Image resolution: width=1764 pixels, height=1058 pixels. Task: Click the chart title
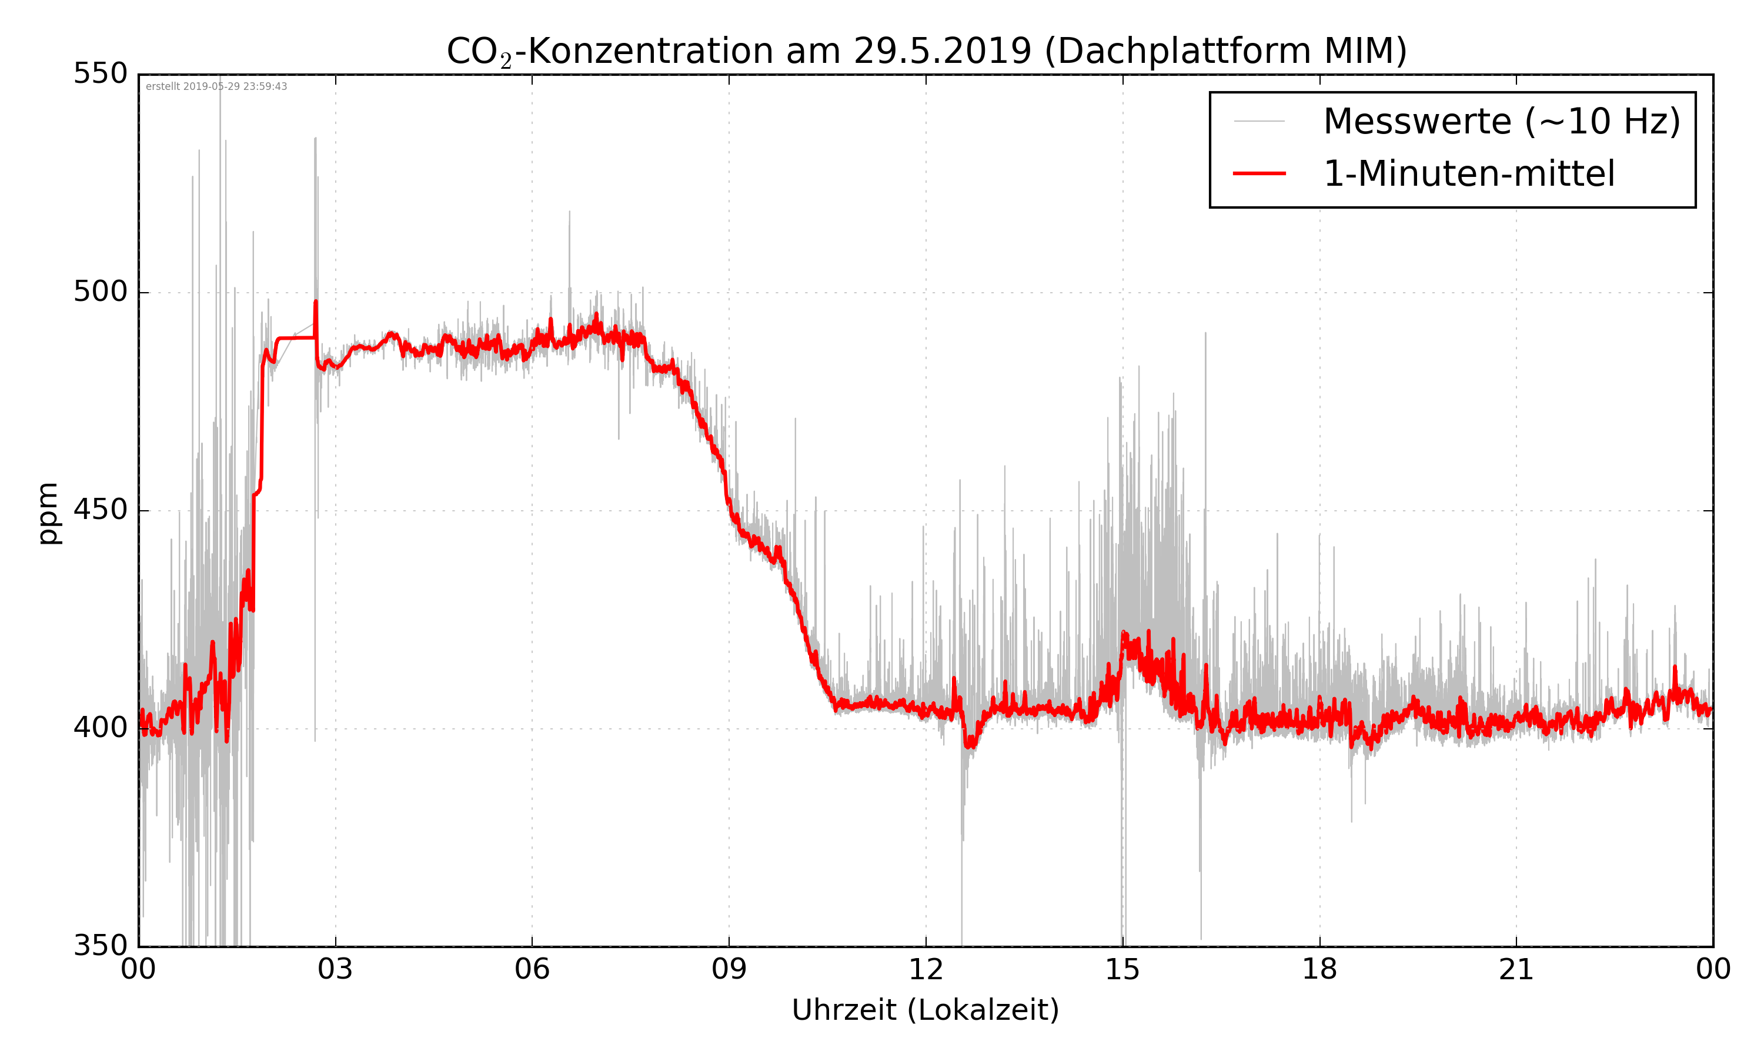pyautogui.click(x=926, y=51)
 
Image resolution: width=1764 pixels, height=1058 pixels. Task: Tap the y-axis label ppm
pyautogui.click(x=48, y=513)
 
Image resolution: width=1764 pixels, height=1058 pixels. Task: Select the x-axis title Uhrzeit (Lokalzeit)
pyautogui.click(x=926, y=1010)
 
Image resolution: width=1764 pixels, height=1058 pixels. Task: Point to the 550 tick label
pyautogui.click(x=101, y=73)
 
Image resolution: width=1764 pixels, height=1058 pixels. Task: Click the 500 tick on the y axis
pyautogui.click(x=101, y=292)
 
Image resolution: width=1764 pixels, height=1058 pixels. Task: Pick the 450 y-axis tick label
pyautogui.click(x=101, y=510)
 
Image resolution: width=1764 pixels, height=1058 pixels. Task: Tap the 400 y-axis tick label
pyautogui.click(x=101, y=728)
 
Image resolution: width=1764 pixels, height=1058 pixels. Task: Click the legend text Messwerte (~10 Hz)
pyautogui.click(x=1502, y=122)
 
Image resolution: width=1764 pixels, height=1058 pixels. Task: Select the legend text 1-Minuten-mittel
pyautogui.click(x=1469, y=174)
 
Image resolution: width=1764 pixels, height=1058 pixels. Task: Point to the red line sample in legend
pyautogui.click(x=1259, y=173)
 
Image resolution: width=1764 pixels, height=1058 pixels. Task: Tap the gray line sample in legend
pyautogui.click(x=1259, y=121)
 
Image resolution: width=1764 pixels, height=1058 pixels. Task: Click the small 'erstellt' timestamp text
pyautogui.click(x=216, y=87)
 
